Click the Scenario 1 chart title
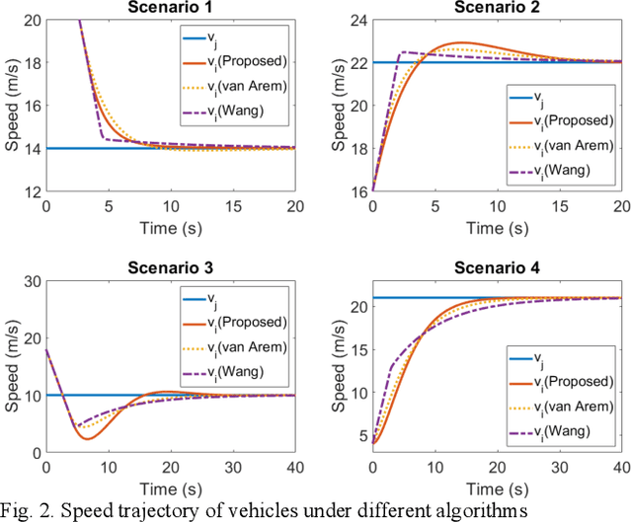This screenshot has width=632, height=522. (x=169, y=8)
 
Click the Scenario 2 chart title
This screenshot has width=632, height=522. (x=496, y=8)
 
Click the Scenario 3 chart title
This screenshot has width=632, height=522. (x=169, y=267)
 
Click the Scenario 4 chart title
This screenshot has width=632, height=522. (x=496, y=267)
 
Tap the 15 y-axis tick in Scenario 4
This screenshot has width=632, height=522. (x=356, y=349)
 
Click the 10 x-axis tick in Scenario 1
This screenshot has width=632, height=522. (x=169, y=207)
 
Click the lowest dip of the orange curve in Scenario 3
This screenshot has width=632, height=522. (x=87, y=438)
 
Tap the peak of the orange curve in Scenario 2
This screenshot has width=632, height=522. (x=461, y=42)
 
